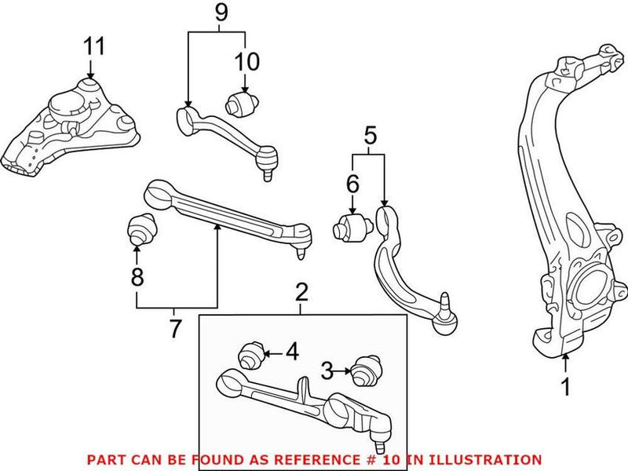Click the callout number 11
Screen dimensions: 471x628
click(x=94, y=46)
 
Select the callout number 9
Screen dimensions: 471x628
click(x=221, y=13)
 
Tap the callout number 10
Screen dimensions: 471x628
click(x=246, y=60)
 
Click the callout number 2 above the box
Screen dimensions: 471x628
click(x=302, y=294)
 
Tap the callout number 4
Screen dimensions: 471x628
click(x=291, y=352)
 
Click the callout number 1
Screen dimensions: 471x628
click(x=564, y=387)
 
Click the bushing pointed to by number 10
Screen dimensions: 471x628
click(x=239, y=103)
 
